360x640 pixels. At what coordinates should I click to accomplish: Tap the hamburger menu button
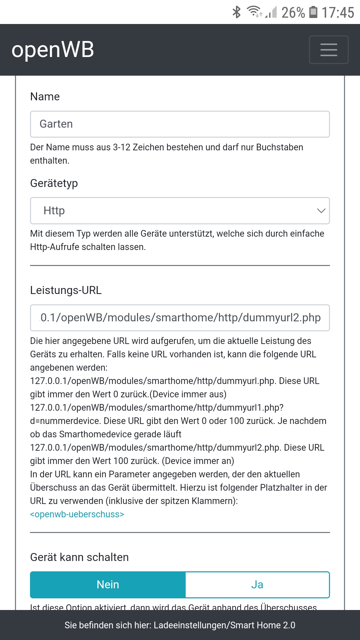[329, 50]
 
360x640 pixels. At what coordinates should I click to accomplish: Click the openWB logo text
[53, 50]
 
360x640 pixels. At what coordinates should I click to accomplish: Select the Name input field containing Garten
[180, 124]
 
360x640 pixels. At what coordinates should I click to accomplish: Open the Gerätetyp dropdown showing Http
[180, 211]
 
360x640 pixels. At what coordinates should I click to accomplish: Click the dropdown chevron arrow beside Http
[321, 211]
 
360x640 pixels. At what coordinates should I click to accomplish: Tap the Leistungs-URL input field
[180, 318]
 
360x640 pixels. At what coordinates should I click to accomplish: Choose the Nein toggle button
[108, 585]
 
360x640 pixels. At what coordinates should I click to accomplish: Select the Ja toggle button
[257, 585]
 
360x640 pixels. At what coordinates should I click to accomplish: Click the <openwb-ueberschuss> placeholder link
[77, 514]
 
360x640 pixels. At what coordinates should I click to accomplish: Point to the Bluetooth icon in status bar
[236, 12]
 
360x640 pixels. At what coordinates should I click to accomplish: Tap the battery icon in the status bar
[313, 12]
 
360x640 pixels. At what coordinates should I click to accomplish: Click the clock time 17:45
[338, 13]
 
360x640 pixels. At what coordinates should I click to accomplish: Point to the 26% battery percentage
[293, 13]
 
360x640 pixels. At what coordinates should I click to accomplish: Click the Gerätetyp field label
[54, 183]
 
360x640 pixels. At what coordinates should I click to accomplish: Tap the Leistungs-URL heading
[66, 290]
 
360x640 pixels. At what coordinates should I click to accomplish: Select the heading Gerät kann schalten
[79, 557]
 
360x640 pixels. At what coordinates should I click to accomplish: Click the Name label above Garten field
[45, 97]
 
